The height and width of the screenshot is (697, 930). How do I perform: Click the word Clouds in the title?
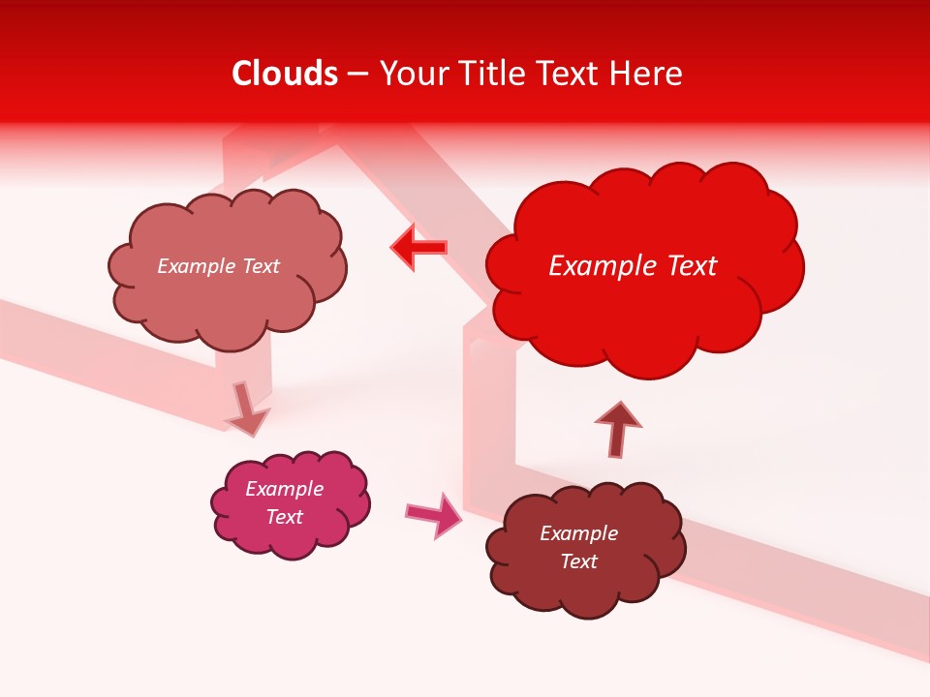click(285, 74)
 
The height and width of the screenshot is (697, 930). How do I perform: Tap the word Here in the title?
click(646, 74)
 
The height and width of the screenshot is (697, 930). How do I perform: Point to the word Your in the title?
click(413, 74)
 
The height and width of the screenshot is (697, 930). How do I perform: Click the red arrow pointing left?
click(419, 248)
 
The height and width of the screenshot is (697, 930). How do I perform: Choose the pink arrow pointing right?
click(435, 514)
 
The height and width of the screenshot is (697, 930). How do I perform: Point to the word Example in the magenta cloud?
click(285, 489)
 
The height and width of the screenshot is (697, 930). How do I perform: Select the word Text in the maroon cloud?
click(579, 561)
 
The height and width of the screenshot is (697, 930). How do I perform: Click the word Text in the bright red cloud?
click(685, 266)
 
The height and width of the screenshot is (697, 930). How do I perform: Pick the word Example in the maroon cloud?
click(579, 533)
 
